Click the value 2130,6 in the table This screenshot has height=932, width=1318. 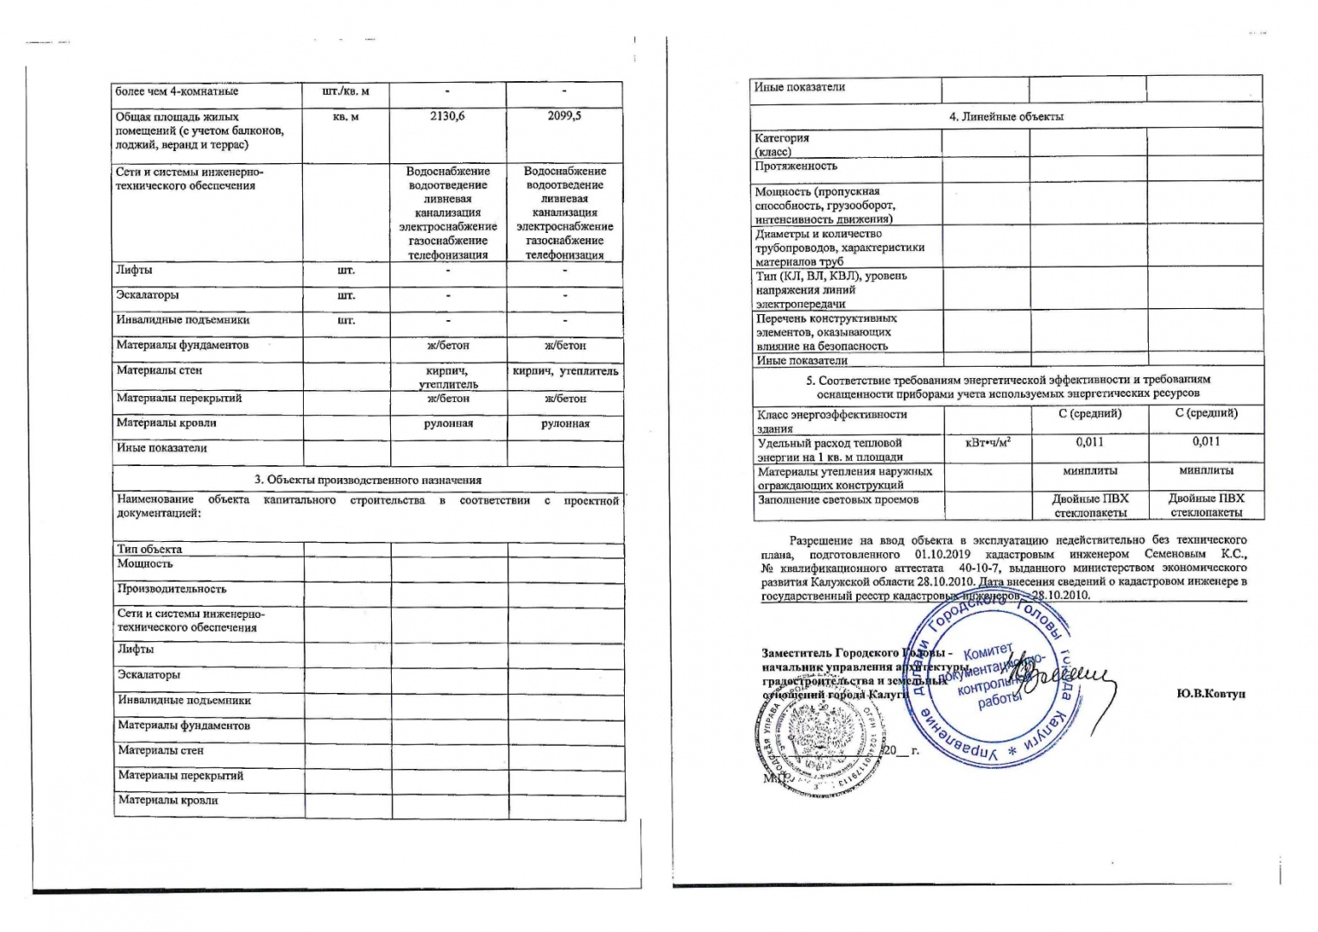(447, 116)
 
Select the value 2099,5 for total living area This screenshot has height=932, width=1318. (564, 116)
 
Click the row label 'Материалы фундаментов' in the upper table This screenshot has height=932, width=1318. (182, 345)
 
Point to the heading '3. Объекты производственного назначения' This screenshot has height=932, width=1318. (368, 480)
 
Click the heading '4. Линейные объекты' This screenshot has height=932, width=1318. (1006, 116)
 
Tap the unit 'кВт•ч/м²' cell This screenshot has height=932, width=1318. (987, 443)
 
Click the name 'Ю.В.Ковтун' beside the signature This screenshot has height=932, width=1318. (1210, 694)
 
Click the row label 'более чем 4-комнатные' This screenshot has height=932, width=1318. (177, 91)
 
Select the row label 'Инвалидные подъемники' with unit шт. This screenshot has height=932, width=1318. (183, 320)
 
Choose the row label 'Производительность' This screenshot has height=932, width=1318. (172, 589)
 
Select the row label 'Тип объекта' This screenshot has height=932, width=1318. (149, 549)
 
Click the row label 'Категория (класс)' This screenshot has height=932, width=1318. (782, 144)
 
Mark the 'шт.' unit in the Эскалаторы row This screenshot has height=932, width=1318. (345, 295)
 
